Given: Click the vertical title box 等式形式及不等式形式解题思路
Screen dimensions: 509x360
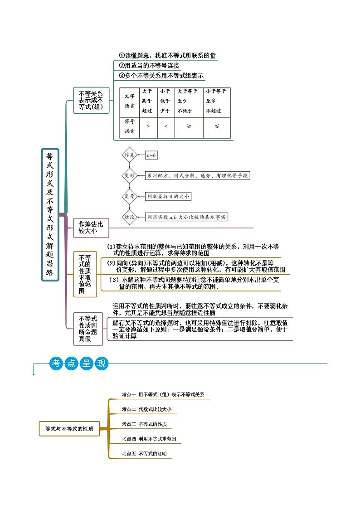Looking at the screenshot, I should [50, 214].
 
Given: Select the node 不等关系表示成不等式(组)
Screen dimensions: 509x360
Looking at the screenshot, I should [91, 100].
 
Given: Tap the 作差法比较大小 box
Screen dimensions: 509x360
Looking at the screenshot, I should [91, 228].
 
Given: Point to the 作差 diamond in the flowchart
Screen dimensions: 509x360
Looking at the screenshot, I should [129, 155].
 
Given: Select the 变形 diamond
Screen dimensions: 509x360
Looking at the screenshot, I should [129, 175].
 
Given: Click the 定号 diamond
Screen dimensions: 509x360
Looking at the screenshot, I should [129, 196].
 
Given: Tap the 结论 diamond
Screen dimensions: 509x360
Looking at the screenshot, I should [129, 217].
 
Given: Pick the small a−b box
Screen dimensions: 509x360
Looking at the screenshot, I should [151, 155].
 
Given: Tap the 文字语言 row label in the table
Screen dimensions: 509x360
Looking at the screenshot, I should [129, 101].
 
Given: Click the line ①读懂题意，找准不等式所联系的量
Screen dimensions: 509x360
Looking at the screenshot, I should [167, 56].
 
